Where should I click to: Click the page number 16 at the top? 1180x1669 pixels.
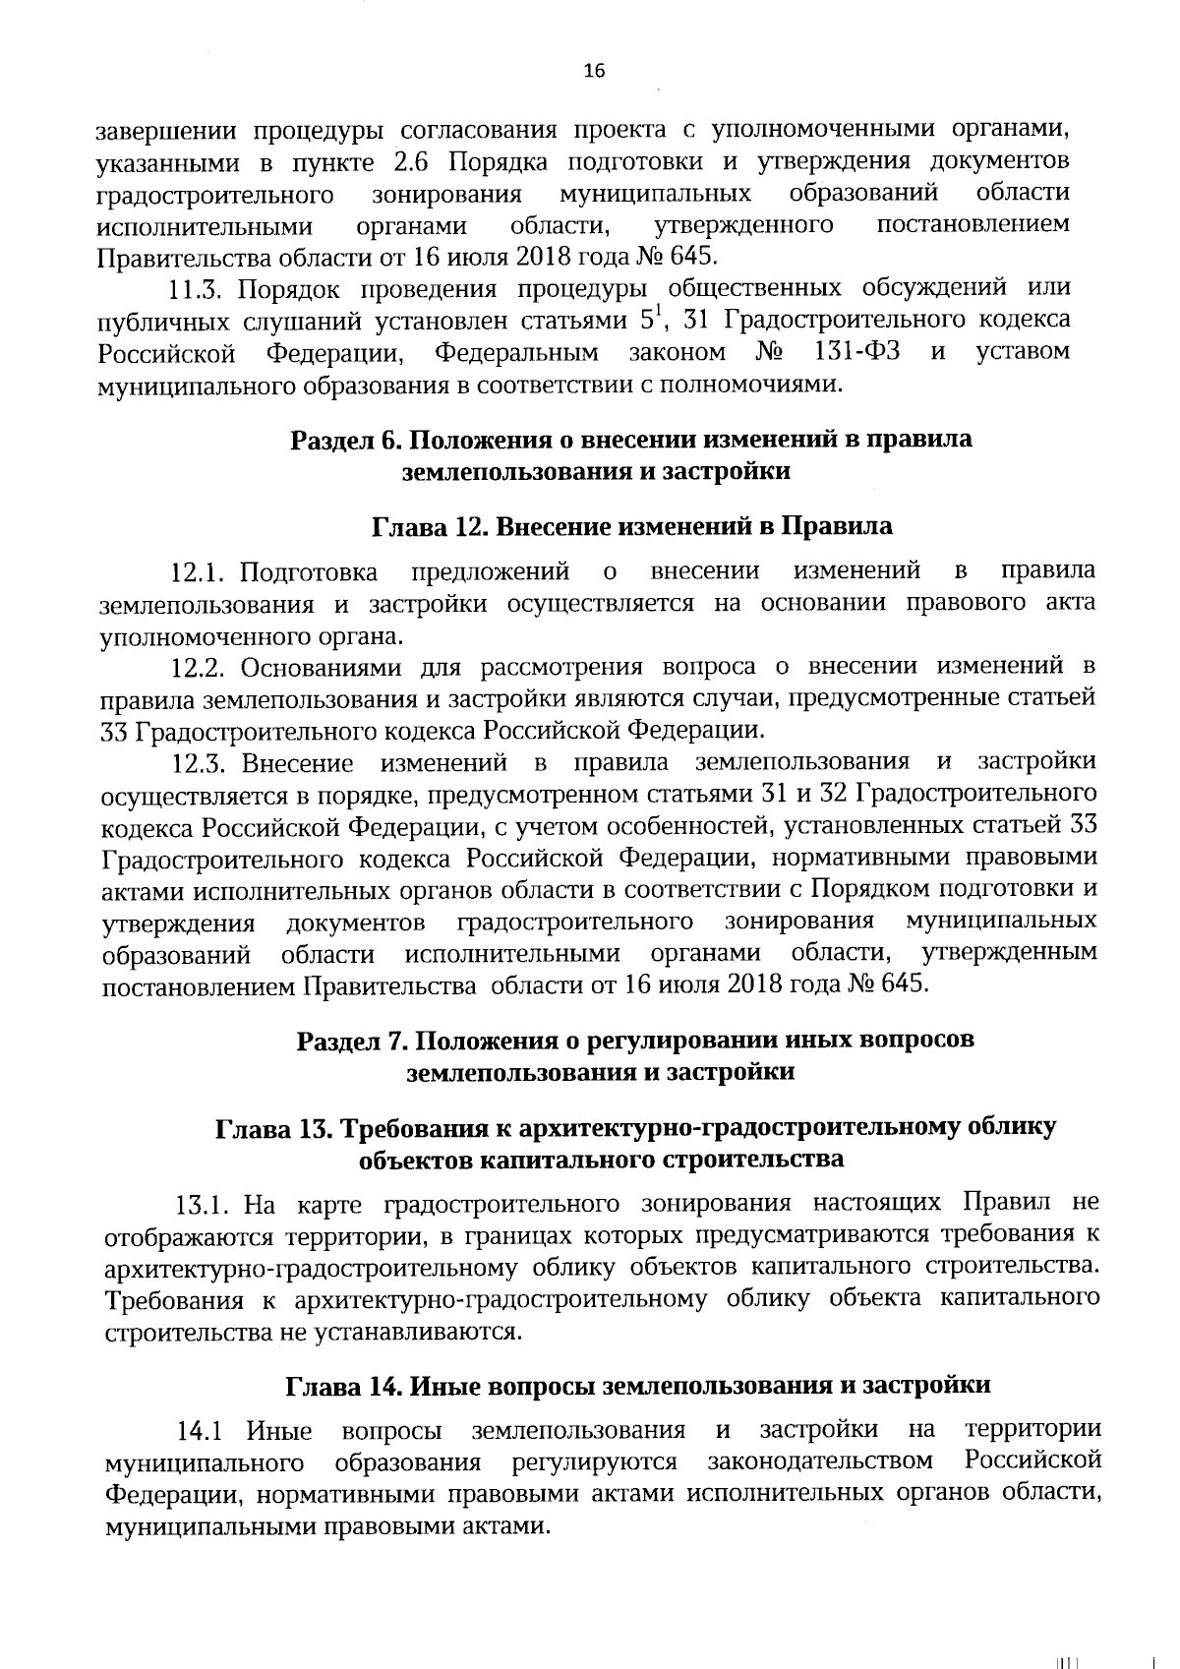pos(594,70)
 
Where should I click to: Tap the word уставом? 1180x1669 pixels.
pos(1023,351)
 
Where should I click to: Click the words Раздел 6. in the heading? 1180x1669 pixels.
pos(339,440)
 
